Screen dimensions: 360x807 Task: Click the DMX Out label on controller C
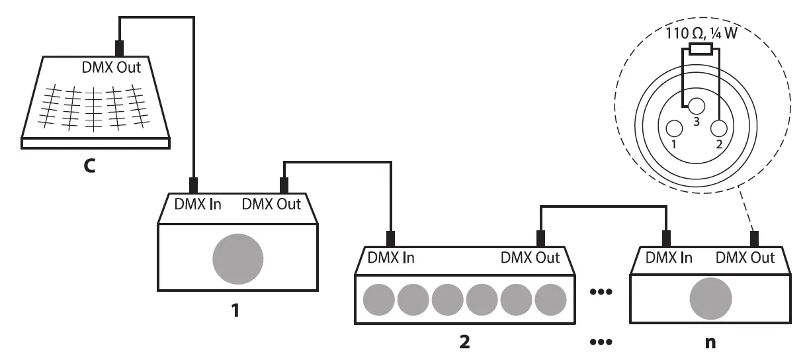tap(110, 68)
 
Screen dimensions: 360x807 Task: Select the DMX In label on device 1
tap(198, 204)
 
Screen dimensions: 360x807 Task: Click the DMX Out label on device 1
tap(271, 204)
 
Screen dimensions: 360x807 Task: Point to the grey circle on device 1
tap(237, 257)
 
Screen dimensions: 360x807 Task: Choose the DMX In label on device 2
tap(391, 257)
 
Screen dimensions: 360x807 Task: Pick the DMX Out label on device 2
tap(530, 257)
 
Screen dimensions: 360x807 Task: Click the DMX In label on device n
tap(669, 257)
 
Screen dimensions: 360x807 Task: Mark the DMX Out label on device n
tap(745, 257)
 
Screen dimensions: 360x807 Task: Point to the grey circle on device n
tap(711, 298)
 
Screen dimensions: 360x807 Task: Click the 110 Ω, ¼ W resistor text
tap(701, 34)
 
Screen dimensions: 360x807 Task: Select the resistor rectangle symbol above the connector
tap(701, 48)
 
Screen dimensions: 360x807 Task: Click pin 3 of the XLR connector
tap(695, 106)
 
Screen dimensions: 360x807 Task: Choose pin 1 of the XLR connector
tap(674, 129)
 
